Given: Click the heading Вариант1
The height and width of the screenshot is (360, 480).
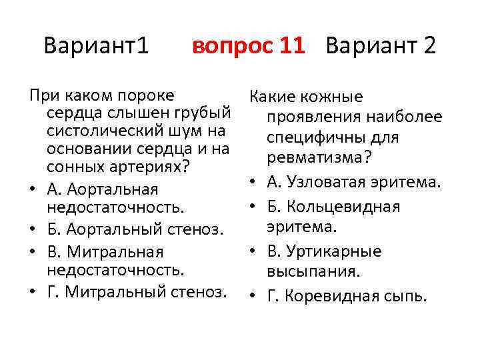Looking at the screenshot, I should point(96,46).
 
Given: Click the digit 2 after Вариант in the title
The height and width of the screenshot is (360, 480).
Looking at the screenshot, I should point(429,46).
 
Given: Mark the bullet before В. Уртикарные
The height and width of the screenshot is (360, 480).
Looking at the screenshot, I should point(255,252).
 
